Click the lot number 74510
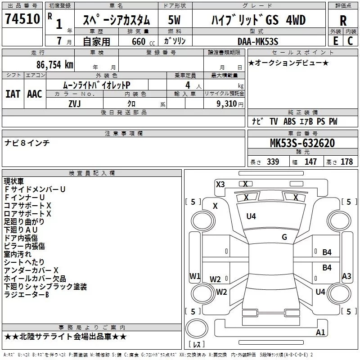click(23, 19)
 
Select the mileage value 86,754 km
click(54, 64)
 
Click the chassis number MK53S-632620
click(302, 143)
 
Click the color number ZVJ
click(74, 103)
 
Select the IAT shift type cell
click(13, 94)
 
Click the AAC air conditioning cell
click(34, 94)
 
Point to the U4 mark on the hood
click(251, 216)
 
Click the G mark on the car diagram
click(284, 237)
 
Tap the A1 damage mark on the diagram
click(321, 333)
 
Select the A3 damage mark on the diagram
click(346, 276)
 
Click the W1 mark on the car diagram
click(194, 276)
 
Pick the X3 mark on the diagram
click(220, 184)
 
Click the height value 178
click(346, 162)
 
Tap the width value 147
click(310, 162)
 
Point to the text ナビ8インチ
click(27, 143)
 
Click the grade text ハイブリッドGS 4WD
click(258, 20)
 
